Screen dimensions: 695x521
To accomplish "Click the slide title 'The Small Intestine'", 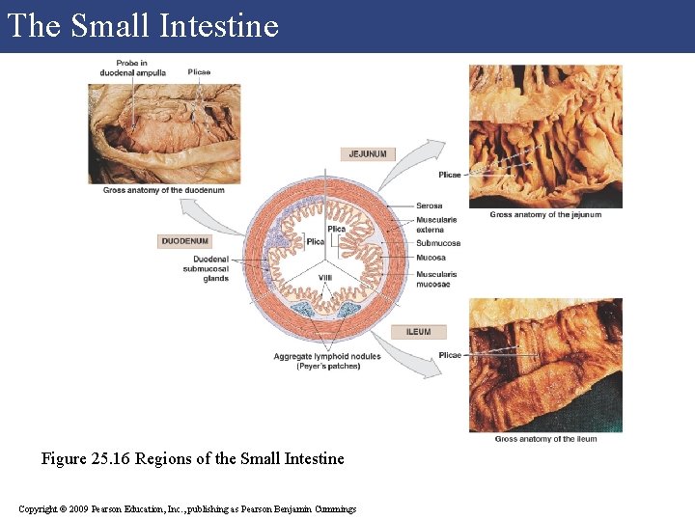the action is [x=143, y=25].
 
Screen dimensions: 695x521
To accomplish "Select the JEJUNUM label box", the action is [x=369, y=154].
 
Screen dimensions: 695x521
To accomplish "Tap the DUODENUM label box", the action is [x=184, y=241].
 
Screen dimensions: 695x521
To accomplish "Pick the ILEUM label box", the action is [x=418, y=332].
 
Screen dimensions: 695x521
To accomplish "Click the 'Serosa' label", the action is [x=430, y=206].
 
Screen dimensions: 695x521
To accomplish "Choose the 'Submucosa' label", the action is [x=438, y=243].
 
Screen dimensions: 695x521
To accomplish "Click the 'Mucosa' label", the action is [x=431, y=258].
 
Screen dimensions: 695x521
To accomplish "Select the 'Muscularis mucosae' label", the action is [x=436, y=279].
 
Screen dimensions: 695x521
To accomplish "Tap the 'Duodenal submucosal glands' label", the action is [x=210, y=269].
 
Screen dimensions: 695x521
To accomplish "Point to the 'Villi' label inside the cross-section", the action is [x=324, y=278].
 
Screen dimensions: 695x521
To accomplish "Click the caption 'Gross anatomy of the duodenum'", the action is [x=163, y=190].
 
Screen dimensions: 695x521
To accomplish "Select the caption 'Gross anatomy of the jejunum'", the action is [x=545, y=215].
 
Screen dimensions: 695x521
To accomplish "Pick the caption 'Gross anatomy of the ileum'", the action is [x=545, y=439].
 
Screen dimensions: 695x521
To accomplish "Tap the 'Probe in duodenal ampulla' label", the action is [x=133, y=69].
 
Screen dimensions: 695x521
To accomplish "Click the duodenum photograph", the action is [x=164, y=133].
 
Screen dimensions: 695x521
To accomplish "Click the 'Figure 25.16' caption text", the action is [x=192, y=458].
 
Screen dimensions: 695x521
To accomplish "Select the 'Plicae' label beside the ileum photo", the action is [x=450, y=355].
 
